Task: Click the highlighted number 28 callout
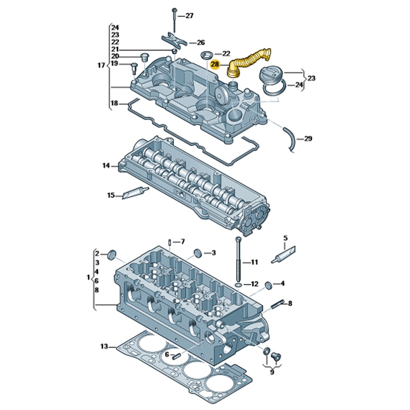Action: (x=215, y=64)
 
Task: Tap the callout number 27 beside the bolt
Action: (x=189, y=16)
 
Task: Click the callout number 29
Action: (x=308, y=139)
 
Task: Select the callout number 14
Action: (x=106, y=165)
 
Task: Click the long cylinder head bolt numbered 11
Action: (x=239, y=261)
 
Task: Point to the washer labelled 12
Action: (x=238, y=285)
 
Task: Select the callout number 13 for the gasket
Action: (x=104, y=346)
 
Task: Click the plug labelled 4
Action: (x=268, y=285)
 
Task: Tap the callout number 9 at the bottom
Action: (x=272, y=372)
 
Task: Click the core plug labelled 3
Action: (x=198, y=253)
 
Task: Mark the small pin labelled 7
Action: (x=170, y=242)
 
